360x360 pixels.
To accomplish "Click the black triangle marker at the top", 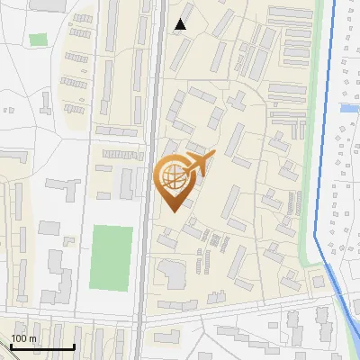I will tap(181, 24).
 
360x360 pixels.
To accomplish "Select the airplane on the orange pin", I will tap(197, 164).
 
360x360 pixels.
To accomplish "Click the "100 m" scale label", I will tap(23, 338).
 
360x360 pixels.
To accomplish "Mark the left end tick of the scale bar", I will tap(11, 346).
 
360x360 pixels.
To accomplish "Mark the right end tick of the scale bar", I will tap(74, 346).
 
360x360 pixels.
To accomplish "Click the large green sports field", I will tap(111, 256).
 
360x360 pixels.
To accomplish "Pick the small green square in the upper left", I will tap(38, 40).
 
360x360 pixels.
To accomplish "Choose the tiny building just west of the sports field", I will tap(67, 241).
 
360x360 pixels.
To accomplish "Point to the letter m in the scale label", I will tap(32, 338).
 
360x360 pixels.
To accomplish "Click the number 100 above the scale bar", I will tap(19, 338).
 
